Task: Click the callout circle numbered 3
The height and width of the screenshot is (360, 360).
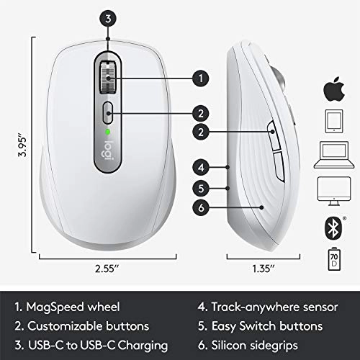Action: (107, 19)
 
